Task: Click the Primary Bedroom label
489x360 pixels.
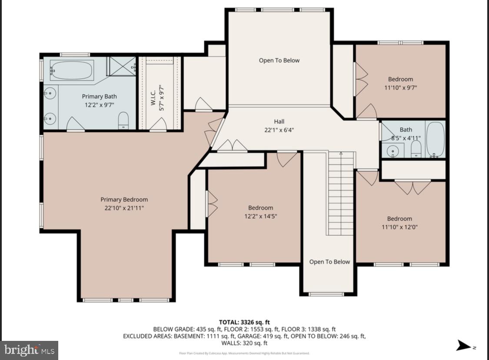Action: point(124,200)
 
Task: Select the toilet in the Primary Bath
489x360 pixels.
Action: point(123,120)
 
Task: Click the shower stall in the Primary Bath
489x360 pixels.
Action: point(120,66)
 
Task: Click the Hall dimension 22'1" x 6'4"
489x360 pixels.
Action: point(279,129)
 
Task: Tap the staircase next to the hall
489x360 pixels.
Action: point(340,193)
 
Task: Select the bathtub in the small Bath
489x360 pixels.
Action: point(435,139)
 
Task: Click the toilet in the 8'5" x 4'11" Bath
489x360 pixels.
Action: point(416,148)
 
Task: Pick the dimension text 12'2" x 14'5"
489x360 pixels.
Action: point(261,216)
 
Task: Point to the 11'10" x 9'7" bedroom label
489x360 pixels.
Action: point(400,79)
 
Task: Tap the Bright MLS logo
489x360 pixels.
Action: point(29,350)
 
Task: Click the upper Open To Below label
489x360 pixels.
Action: point(279,60)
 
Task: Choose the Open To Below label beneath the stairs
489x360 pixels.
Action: point(329,262)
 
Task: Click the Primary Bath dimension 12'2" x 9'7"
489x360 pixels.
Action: point(99,104)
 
